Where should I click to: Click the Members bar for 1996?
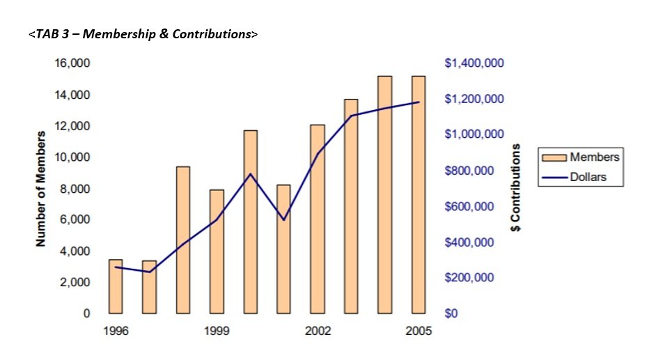click(116, 286)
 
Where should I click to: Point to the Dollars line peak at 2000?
click(251, 173)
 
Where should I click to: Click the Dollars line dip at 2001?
click(284, 220)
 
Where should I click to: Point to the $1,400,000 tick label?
click(474, 63)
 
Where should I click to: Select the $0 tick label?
click(453, 313)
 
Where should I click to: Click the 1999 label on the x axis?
click(217, 331)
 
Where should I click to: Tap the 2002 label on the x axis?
click(318, 331)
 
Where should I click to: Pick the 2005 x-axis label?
click(419, 331)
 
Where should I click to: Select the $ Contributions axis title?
click(516, 188)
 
